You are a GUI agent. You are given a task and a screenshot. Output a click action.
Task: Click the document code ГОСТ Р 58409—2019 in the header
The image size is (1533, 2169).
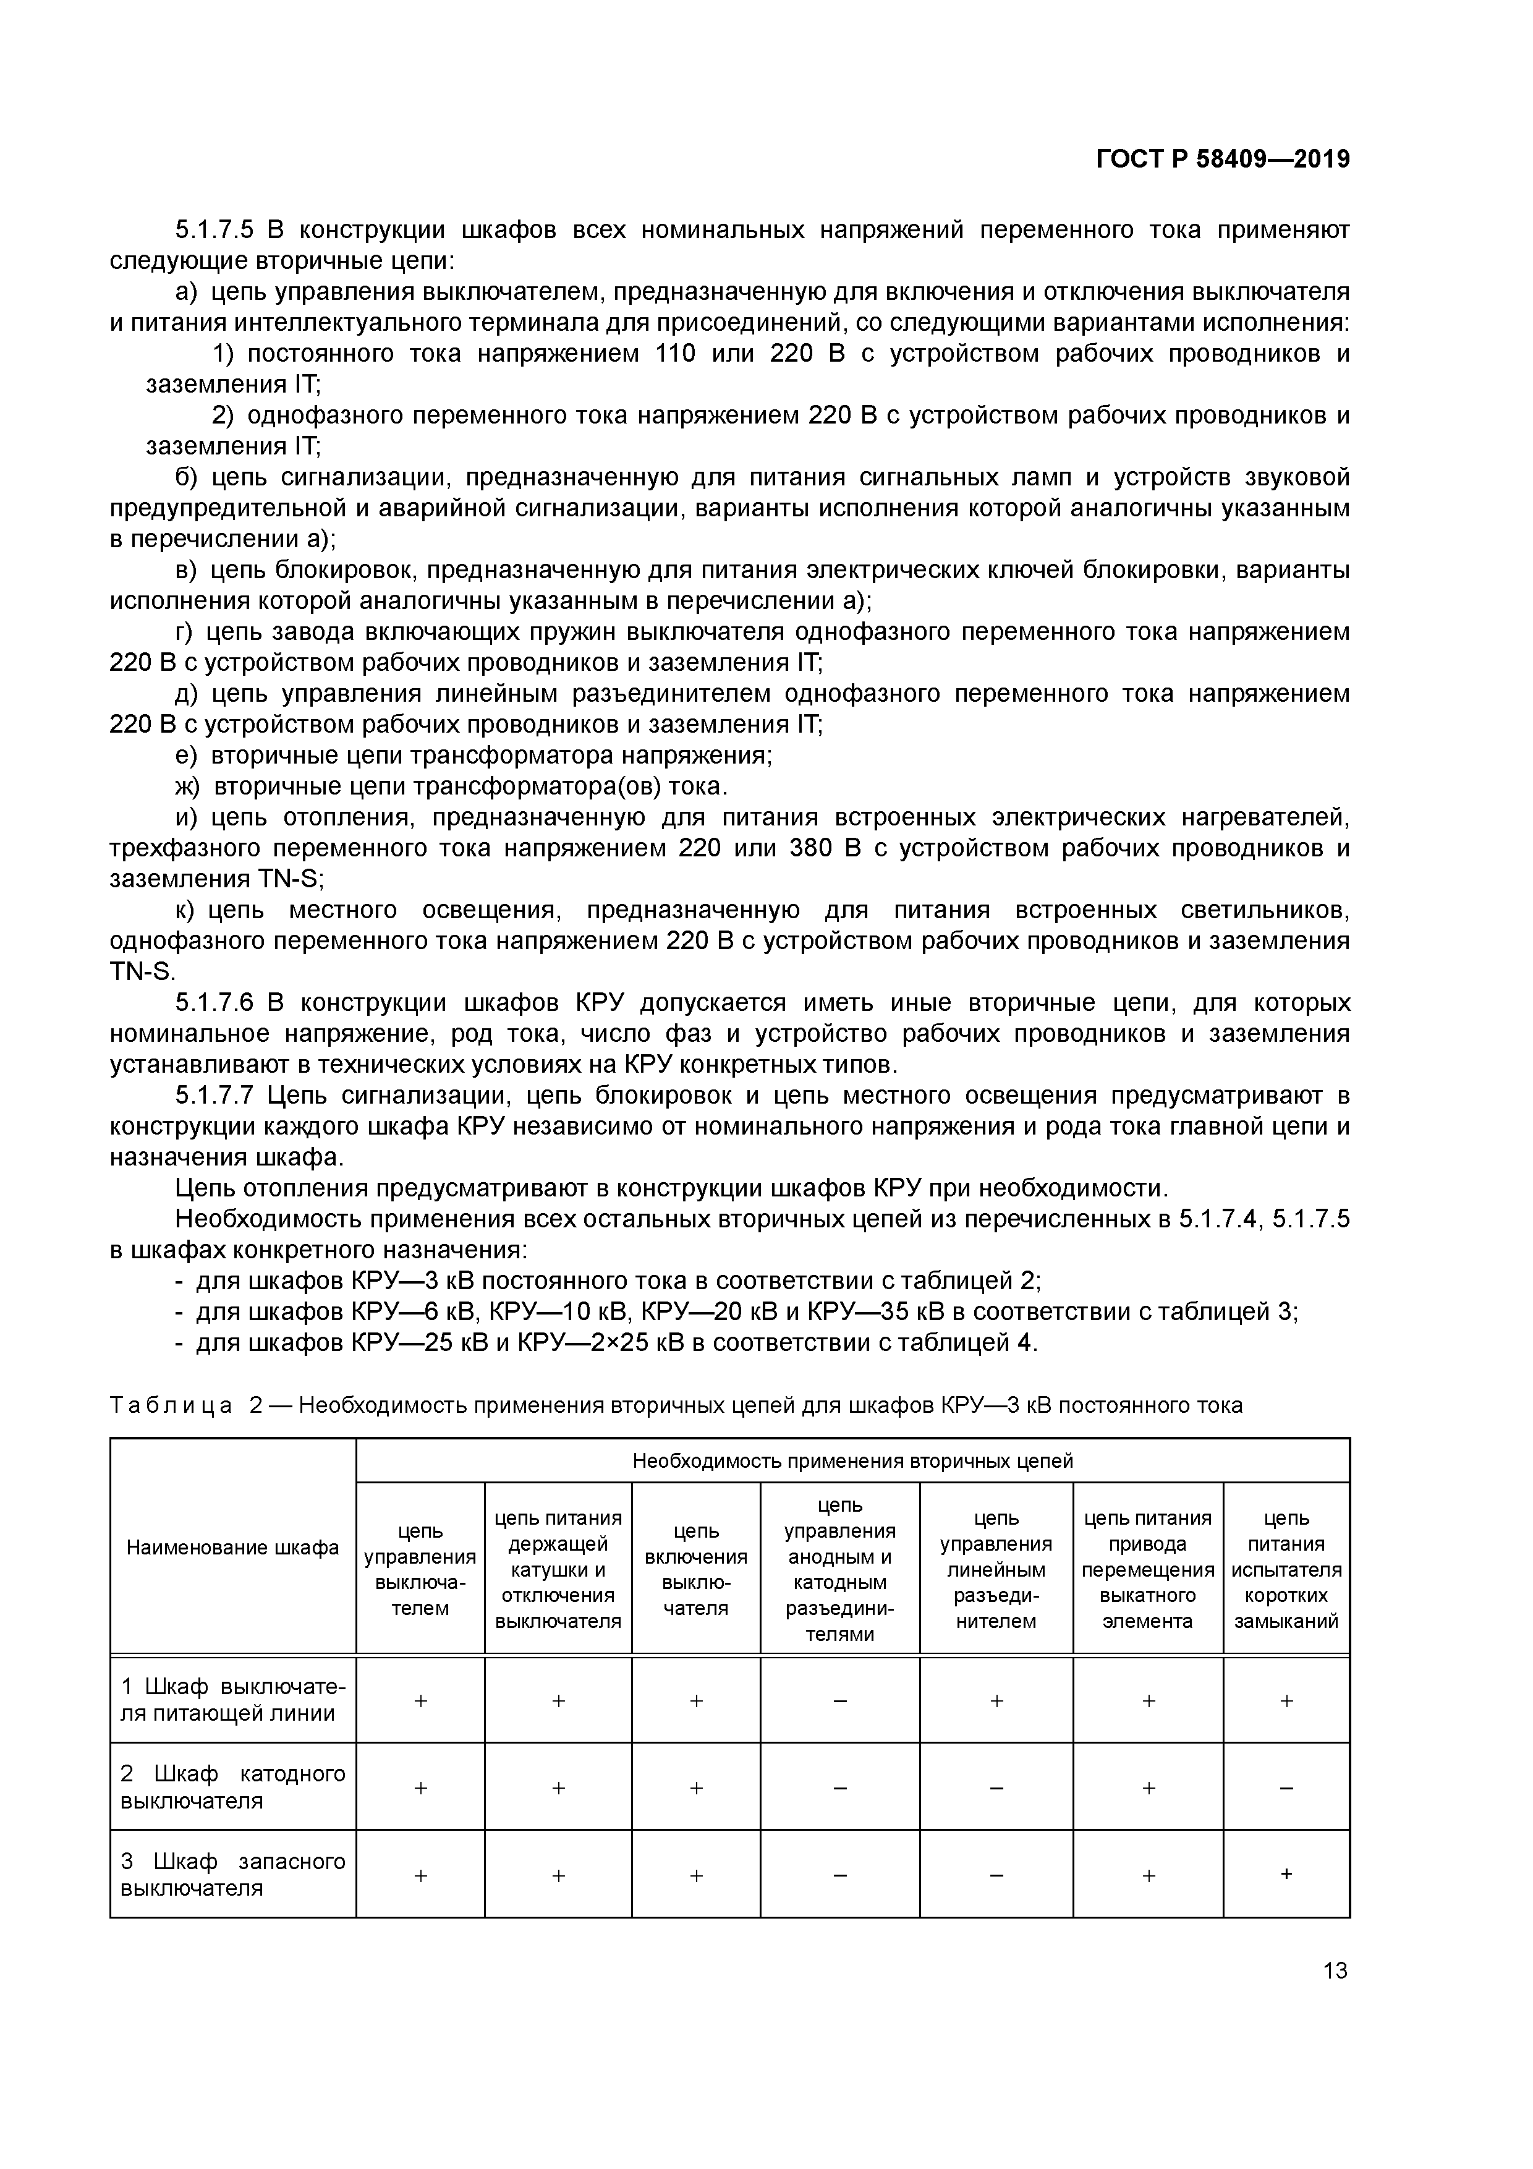pyautogui.click(x=1222, y=160)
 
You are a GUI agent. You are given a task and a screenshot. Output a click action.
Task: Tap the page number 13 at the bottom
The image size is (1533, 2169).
pyautogui.click(x=1335, y=1970)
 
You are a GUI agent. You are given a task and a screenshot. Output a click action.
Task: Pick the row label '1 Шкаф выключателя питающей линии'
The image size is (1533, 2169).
pyautogui.click(x=232, y=1700)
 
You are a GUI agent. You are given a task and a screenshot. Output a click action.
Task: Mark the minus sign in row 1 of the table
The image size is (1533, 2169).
pyautogui.click(x=839, y=1700)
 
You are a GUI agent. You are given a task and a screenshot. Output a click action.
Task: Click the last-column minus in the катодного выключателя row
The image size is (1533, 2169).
pyautogui.click(x=1286, y=1788)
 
